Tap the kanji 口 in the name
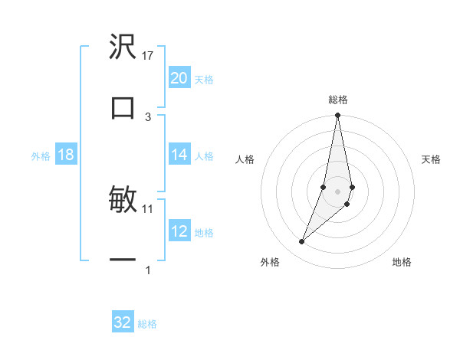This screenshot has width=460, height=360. click(123, 107)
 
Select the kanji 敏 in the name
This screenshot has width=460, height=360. click(123, 200)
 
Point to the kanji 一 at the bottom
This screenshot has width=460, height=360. click(123, 260)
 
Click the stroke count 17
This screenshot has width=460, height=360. click(148, 55)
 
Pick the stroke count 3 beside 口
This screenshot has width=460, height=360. click(148, 116)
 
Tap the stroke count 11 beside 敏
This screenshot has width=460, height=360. click(148, 208)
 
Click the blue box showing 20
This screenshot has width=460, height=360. click(179, 78)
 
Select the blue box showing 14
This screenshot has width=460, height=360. click(179, 155)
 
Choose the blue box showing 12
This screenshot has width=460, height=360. click(179, 231)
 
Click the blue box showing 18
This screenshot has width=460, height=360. click(66, 155)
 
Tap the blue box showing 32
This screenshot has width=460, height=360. click(123, 322)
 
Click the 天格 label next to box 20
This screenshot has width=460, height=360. click(204, 79)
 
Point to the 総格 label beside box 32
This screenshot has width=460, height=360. click(147, 324)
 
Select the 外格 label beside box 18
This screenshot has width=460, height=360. click(41, 156)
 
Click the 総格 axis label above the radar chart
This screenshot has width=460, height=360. click(338, 100)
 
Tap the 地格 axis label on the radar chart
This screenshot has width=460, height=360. click(402, 262)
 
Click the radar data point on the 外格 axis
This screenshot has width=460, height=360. click(302, 242)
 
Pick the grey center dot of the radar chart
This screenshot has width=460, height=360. click(338, 191)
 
